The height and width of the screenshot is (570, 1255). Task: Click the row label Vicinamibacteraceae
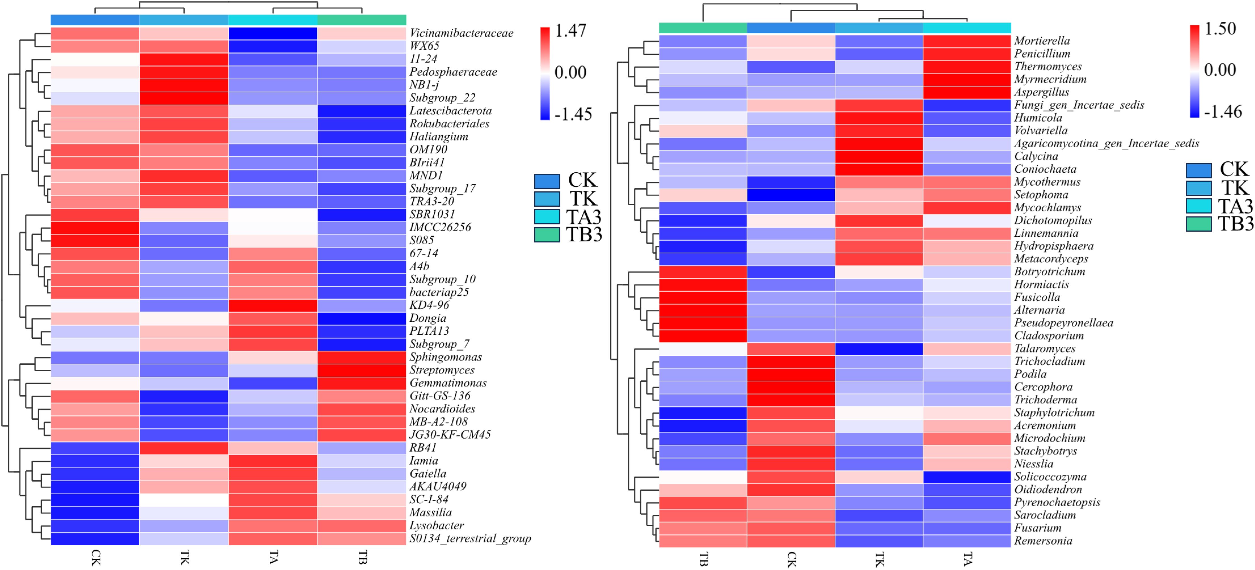pyautogui.click(x=461, y=33)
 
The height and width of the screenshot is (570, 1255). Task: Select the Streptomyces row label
pyautogui.click(x=441, y=370)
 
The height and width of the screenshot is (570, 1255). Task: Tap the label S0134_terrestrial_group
pyautogui.click(x=470, y=538)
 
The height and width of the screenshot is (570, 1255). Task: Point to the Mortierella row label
pyautogui.click(x=1042, y=41)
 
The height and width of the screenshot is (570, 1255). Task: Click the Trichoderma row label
pyautogui.click(x=1045, y=400)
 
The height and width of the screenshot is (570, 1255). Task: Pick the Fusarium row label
pyautogui.click(x=1038, y=528)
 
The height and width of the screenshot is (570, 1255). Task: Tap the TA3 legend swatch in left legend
pyautogui.click(x=547, y=217)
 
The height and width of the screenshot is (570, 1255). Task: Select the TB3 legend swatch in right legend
pyautogui.click(x=1199, y=224)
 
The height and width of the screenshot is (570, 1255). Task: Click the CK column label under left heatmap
pyautogui.click(x=96, y=557)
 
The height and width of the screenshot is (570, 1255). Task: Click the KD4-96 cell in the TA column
pyautogui.click(x=273, y=306)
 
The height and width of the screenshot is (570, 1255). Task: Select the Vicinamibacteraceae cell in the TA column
pyautogui.click(x=273, y=33)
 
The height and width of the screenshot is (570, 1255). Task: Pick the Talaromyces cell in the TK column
pyautogui.click(x=879, y=349)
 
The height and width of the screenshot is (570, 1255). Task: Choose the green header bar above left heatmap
pyautogui.click(x=362, y=20)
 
